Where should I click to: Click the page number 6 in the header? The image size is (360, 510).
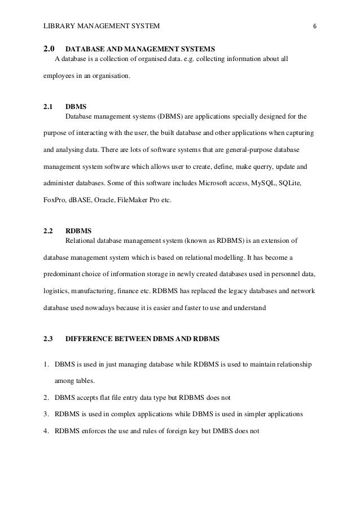coord(315,26)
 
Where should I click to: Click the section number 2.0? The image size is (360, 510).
coord(49,48)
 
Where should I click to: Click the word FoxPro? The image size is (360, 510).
coord(54,200)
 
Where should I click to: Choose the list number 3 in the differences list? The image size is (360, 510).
coord(46,413)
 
